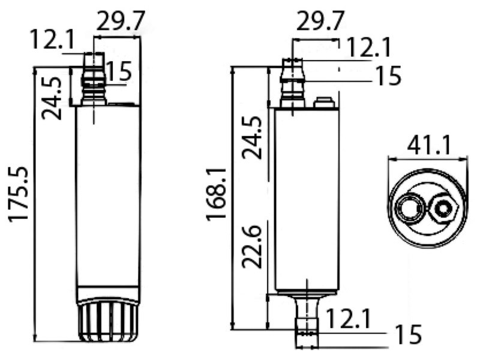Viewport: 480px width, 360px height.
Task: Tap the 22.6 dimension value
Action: pyautogui.click(x=251, y=247)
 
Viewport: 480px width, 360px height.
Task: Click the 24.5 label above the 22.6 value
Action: pyautogui.click(x=253, y=138)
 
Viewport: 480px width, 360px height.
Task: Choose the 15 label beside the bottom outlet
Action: pyautogui.click(x=408, y=333)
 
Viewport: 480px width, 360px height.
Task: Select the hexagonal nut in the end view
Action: pyautogui.click(x=444, y=209)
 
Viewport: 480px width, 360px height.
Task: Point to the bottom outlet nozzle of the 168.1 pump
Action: pyautogui.click(x=306, y=318)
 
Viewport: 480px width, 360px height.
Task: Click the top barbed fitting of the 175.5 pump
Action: pyautogui.click(x=94, y=81)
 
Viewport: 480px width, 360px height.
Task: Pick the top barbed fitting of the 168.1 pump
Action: pyautogui.click(x=292, y=84)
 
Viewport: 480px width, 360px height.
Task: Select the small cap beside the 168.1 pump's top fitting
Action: pyautogui.click(x=325, y=103)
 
